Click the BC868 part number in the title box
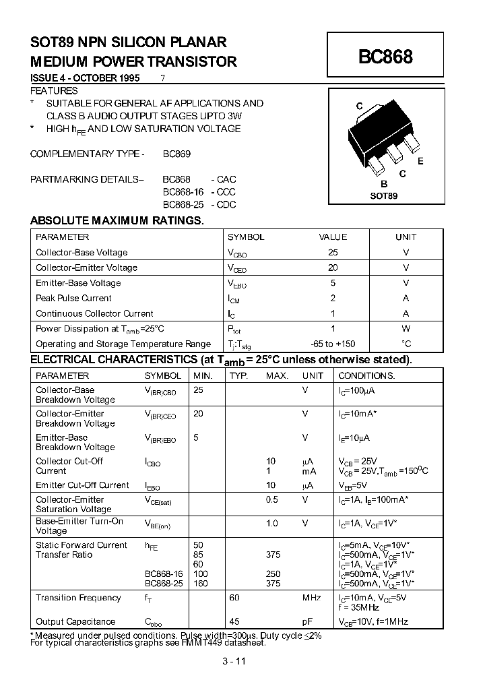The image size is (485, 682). pyautogui.click(x=385, y=57)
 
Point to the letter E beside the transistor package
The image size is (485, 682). pyautogui.click(x=420, y=161)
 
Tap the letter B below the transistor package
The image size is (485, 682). pyautogui.click(x=383, y=184)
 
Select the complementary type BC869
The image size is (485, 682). pyautogui.click(x=176, y=154)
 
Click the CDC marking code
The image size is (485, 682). pyautogui.click(x=225, y=204)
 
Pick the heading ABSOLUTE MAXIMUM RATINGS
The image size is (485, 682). pyautogui.click(x=117, y=220)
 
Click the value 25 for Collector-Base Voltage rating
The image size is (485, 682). pyautogui.click(x=333, y=252)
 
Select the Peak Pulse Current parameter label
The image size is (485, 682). pyautogui.click(x=73, y=298)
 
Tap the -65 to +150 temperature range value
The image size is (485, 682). pyautogui.click(x=333, y=344)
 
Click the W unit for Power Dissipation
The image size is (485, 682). pyautogui.click(x=406, y=328)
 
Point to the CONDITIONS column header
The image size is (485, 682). pyautogui.click(x=366, y=375)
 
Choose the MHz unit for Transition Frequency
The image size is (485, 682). pyautogui.click(x=312, y=598)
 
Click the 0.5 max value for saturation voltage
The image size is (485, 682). pyautogui.click(x=272, y=499)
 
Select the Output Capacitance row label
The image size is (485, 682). pyautogui.click(x=75, y=621)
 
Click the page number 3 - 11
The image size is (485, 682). pyautogui.click(x=233, y=661)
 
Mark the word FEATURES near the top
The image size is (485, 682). pyautogui.click(x=54, y=90)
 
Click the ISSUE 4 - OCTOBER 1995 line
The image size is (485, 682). pyautogui.click(x=85, y=77)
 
